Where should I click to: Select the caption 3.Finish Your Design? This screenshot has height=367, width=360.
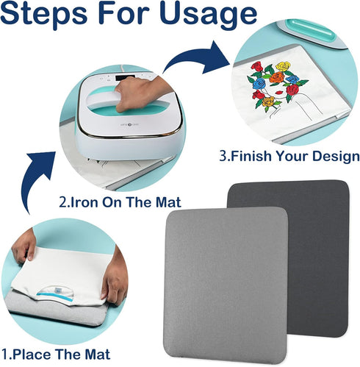(x=289, y=157)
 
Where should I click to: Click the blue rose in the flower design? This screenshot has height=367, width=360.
(x=259, y=82)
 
